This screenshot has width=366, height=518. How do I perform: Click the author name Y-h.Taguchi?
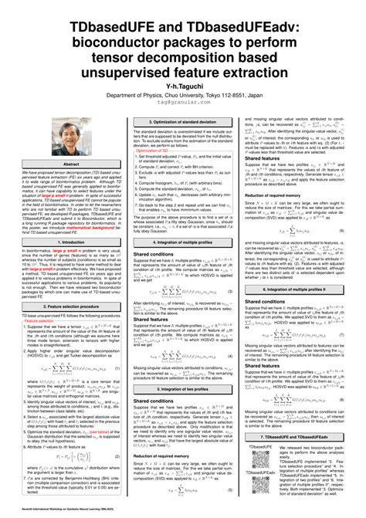[182, 66]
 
